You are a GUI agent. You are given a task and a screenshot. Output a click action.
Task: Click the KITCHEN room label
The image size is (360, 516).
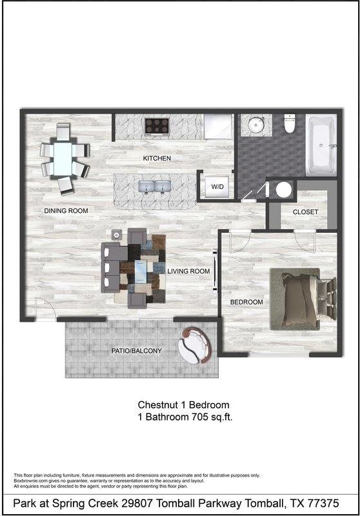pyautogui.click(x=157, y=158)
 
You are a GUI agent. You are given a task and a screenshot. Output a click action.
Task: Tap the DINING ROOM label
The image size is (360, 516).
pyautogui.click(x=66, y=211)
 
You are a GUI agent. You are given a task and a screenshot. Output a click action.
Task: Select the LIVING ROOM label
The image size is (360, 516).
pyautogui.click(x=188, y=272)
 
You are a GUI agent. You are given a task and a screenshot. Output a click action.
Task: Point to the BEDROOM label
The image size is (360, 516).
pyautogui.click(x=247, y=302)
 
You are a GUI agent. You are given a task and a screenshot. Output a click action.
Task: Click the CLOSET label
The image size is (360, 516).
pyautogui.click(x=305, y=212)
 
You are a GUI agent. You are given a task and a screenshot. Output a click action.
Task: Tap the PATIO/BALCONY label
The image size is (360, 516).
pyautogui.click(x=136, y=351)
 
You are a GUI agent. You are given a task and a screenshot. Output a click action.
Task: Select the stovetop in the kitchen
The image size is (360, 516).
pyautogui.click(x=157, y=126)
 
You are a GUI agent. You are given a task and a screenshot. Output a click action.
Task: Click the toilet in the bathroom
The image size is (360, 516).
pyautogui.click(x=290, y=123)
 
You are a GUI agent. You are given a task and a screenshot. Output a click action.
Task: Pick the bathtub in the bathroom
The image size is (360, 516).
pyautogui.click(x=321, y=145)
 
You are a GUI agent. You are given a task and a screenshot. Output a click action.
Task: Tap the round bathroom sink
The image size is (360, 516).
pyautogui.click(x=257, y=124)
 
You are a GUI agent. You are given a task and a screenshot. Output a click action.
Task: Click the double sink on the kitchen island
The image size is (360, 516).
pyautogui.click(x=154, y=188)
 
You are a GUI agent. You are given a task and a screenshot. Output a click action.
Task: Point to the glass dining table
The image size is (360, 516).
pyautogui.click(x=63, y=159)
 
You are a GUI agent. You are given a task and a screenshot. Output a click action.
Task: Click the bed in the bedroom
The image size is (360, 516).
pyautogui.click(x=301, y=300)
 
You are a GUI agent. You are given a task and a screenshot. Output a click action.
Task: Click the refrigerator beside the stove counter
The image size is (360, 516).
pyautogui.click(x=217, y=126)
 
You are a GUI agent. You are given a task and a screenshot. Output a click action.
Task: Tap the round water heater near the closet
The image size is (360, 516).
pyautogui.click(x=283, y=190)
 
